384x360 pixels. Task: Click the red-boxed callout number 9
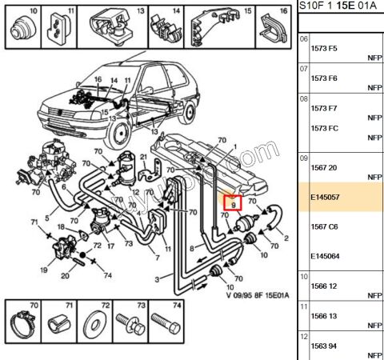[232, 205]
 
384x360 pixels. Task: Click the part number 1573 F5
[324, 48]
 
